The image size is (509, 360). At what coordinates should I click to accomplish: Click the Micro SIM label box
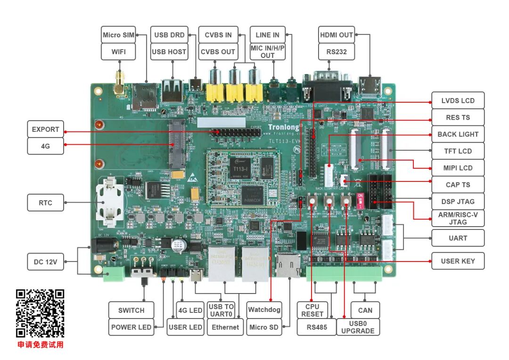click(x=119, y=35)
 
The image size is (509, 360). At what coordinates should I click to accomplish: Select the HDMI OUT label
click(x=337, y=35)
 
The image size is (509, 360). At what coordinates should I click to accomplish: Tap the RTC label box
click(x=46, y=203)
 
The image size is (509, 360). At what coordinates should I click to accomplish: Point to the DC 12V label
click(x=45, y=262)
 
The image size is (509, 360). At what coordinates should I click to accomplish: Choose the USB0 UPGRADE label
click(x=358, y=327)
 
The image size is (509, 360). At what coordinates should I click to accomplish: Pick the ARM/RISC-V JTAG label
click(x=458, y=218)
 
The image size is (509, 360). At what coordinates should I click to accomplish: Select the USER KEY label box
click(x=458, y=261)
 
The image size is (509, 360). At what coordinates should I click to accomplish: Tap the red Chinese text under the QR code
click(x=41, y=345)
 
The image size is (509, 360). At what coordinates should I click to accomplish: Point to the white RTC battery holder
click(x=110, y=203)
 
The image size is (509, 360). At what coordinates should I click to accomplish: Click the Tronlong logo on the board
click(x=283, y=127)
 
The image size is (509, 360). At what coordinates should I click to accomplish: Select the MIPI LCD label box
click(x=458, y=168)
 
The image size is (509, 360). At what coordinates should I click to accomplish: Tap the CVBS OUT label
click(x=218, y=52)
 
